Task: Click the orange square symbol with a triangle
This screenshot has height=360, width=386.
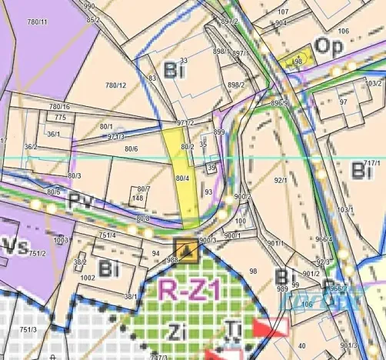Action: (x=185, y=249)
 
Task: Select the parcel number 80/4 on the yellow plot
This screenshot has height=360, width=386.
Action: (x=182, y=178)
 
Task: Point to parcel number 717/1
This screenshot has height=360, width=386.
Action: (x=372, y=163)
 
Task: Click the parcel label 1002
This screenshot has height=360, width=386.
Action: (x=88, y=277)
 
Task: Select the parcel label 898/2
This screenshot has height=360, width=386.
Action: (x=236, y=85)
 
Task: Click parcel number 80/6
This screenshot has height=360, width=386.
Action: (x=131, y=148)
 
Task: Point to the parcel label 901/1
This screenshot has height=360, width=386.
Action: (x=276, y=245)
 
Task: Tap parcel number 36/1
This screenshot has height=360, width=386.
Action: (x=53, y=134)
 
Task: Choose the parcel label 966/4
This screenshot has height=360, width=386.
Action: (x=324, y=239)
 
